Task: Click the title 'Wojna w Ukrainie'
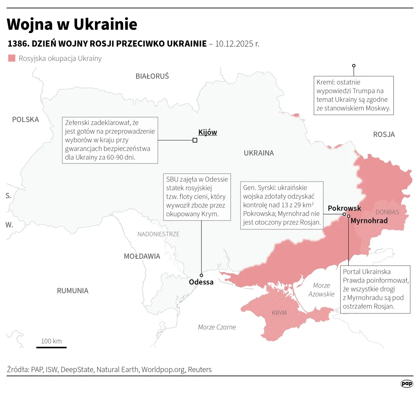[72, 24]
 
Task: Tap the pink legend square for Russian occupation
[12, 58]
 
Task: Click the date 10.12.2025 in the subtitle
[237, 44]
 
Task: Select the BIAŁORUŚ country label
[152, 76]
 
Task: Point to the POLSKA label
[25, 120]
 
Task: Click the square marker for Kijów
[195, 140]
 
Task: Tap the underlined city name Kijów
[207, 132]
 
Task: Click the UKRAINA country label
[259, 153]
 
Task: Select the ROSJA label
[384, 135]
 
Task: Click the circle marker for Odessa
[201, 275]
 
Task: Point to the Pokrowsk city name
[344, 208]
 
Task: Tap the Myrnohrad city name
[369, 221]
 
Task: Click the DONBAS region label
[387, 212]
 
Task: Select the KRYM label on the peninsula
[279, 313]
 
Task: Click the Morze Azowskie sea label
[321, 290]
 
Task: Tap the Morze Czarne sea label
[217, 327]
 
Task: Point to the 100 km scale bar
[51, 347]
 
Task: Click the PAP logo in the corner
[407, 384]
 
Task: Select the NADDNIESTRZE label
[158, 234]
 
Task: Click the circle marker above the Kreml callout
[354, 66]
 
